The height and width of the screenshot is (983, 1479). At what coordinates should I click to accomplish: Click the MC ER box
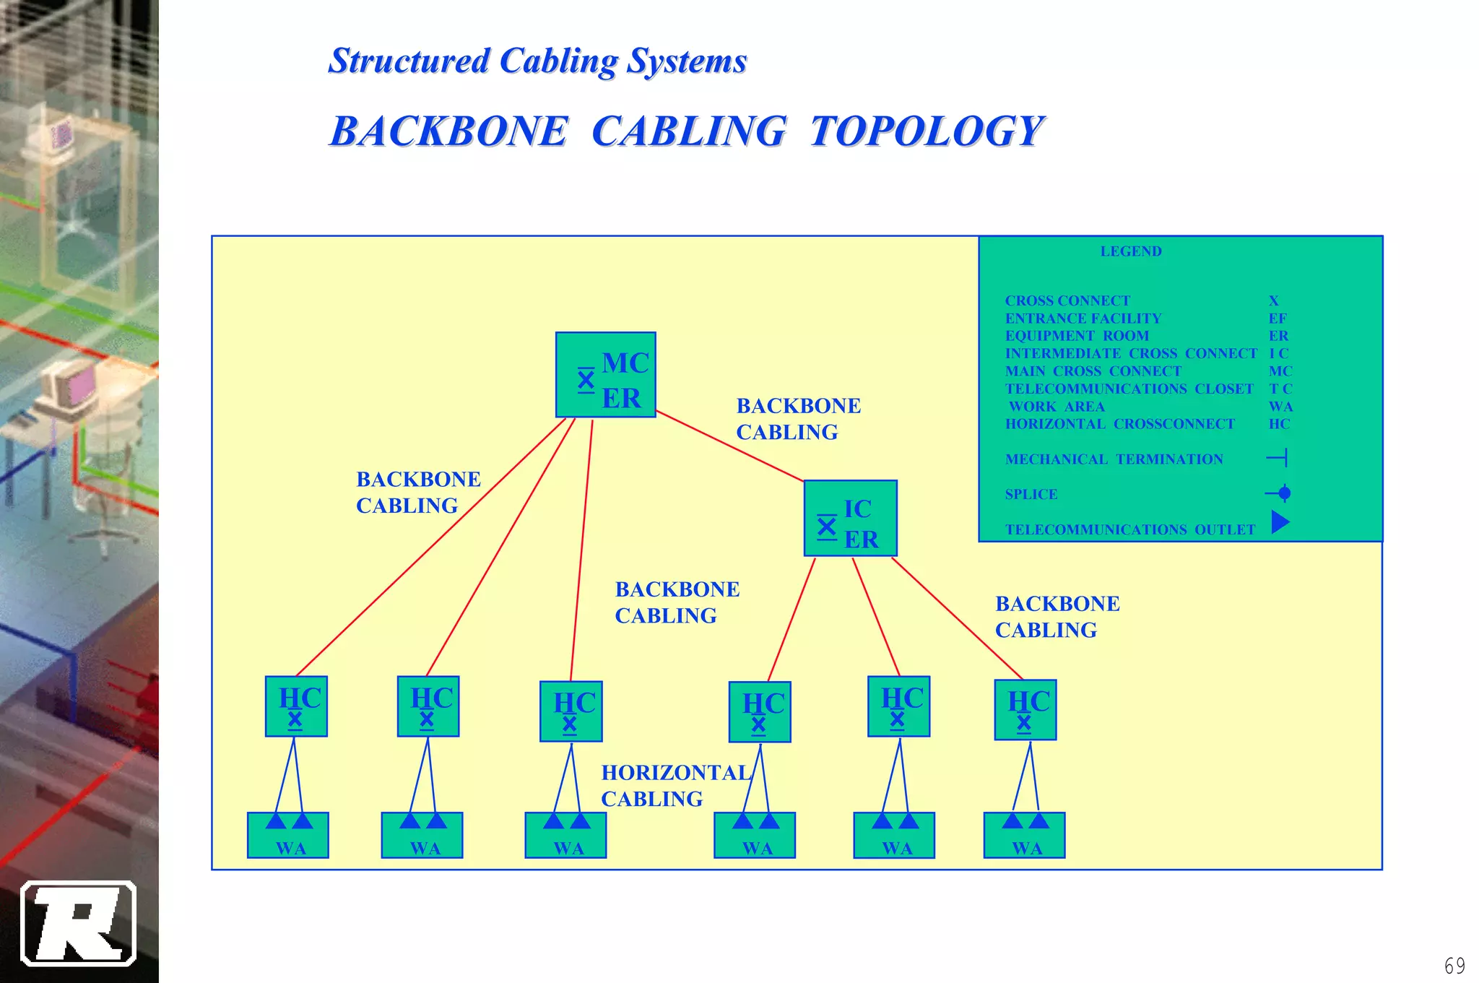[605, 375]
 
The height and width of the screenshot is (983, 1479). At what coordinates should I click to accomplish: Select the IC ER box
[850, 519]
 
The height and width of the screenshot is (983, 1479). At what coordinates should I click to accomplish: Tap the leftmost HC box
[296, 706]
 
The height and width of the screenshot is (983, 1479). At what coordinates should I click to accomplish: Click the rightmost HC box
[1025, 710]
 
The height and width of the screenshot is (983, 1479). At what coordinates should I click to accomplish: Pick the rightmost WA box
[1024, 836]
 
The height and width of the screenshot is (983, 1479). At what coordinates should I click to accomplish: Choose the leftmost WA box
[287, 836]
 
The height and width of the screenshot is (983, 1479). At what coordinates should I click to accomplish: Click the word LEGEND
[1130, 251]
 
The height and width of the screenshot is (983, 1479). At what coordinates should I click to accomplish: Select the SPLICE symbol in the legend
[1280, 493]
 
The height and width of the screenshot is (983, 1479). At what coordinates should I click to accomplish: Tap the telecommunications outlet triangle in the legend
[1279, 521]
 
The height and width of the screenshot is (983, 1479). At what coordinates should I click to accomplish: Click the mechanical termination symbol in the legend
[1278, 458]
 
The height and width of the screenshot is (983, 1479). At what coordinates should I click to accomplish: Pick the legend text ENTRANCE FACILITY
[1083, 319]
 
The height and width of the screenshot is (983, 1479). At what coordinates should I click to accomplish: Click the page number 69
[1454, 966]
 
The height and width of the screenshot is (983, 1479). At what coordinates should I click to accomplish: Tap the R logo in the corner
[78, 923]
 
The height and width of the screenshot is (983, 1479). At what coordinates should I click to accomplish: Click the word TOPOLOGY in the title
[926, 131]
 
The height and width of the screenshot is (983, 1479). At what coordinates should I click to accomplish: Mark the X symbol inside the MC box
[586, 380]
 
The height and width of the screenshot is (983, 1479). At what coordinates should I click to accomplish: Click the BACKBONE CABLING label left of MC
[417, 493]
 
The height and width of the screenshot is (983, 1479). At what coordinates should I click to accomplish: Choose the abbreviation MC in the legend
[1280, 371]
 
